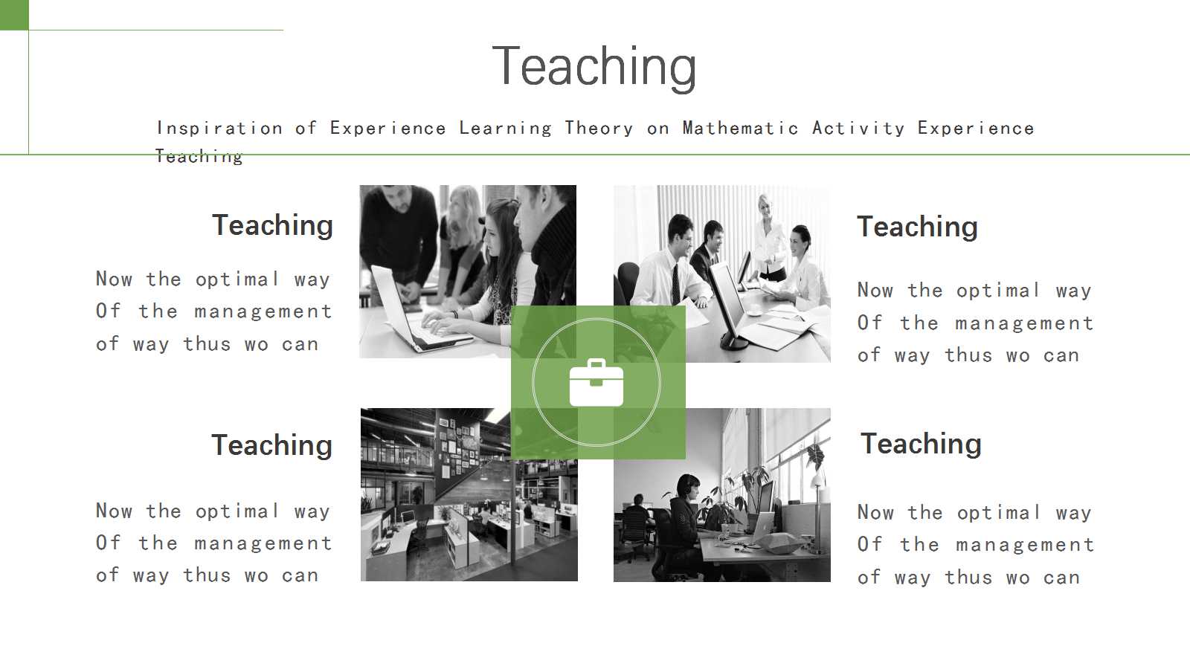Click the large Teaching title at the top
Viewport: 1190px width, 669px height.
(x=594, y=67)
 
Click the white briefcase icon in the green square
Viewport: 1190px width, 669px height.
(x=596, y=382)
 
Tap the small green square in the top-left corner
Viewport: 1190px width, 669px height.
(x=14, y=15)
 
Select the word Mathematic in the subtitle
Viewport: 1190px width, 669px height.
(x=740, y=128)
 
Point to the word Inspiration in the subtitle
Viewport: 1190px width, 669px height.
(x=219, y=128)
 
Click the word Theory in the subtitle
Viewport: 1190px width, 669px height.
(x=599, y=128)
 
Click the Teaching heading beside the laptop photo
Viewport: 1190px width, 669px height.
(x=272, y=225)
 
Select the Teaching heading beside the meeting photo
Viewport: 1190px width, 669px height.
(x=918, y=227)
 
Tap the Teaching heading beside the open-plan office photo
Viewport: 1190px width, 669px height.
(x=272, y=445)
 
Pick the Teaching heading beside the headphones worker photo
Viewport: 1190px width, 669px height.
(x=921, y=443)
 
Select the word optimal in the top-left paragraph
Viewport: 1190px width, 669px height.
(x=237, y=279)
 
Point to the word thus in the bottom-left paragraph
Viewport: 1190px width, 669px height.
(x=207, y=575)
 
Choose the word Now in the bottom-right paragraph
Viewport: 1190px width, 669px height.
(x=875, y=512)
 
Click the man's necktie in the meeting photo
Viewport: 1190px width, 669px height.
(x=676, y=284)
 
